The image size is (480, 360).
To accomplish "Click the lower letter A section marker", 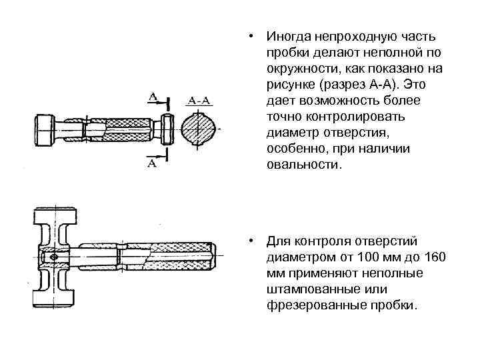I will click(x=152, y=163).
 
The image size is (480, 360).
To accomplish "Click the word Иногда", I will click(x=286, y=36).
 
